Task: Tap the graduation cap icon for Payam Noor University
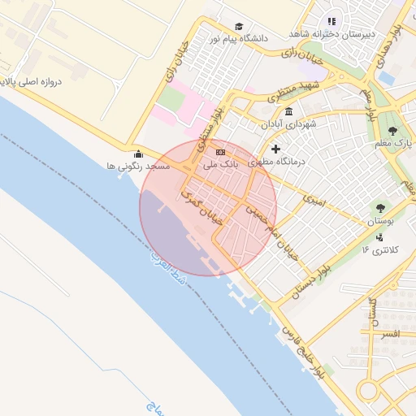(x=238, y=27)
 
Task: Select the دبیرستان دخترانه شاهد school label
(x=332, y=34)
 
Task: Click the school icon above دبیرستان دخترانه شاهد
(x=331, y=22)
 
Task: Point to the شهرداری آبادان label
(x=288, y=124)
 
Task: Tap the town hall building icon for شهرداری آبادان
(x=288, y=111)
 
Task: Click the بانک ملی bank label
(x=220, y=165)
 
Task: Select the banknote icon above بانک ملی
(x=220, y=152)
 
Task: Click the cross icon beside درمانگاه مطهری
(x=275, y=149)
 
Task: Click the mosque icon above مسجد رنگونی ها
(x=138, y=154)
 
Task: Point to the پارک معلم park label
(x=393, y=144)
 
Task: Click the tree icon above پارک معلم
(x=393, y=130)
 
